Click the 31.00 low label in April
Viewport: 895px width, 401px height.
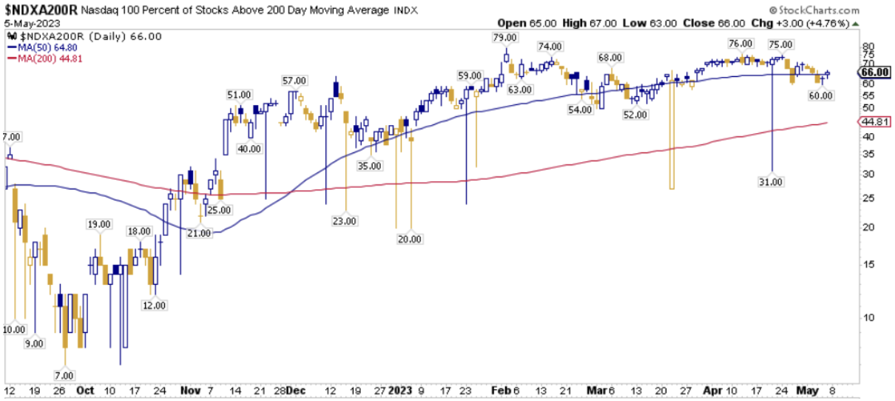771,181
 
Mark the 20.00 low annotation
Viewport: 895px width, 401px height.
410,239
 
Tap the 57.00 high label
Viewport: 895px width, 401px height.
294,80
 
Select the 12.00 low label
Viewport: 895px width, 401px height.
155,305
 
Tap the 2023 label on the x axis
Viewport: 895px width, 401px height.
402,390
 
